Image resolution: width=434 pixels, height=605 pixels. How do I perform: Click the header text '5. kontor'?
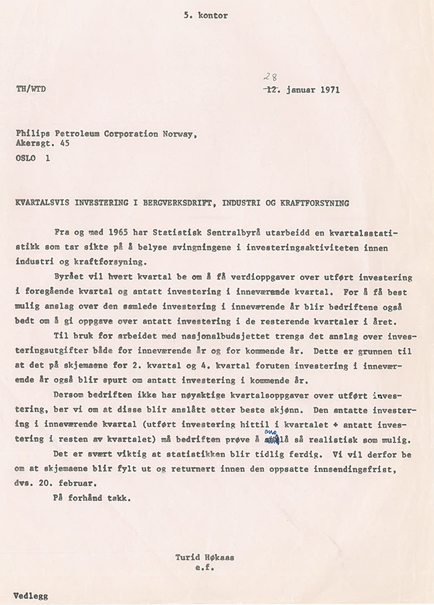[205, 16]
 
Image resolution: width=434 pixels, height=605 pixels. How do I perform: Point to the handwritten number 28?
[270, 78]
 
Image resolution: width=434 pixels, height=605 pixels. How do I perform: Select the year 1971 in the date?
[327, 90]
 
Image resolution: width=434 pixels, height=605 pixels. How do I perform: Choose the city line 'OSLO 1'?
[33, 159]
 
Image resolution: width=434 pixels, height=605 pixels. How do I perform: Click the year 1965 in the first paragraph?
[114, 233]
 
